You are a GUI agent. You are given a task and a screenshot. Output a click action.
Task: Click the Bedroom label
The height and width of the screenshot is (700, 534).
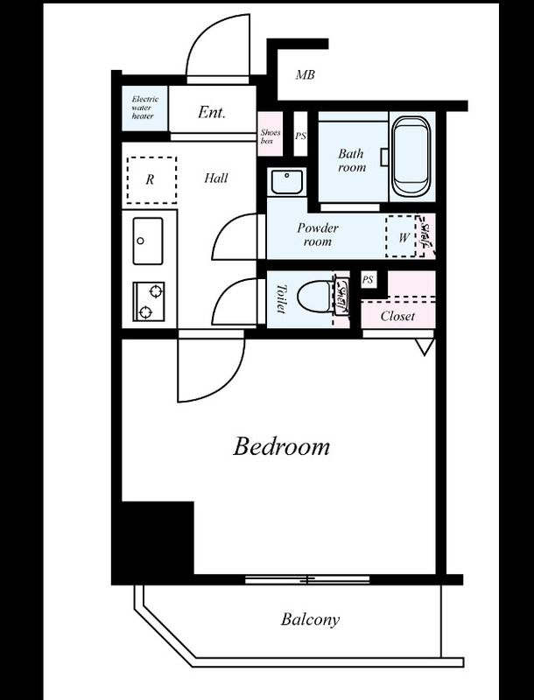281,446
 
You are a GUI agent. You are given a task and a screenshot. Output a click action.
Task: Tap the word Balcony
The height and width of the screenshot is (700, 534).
310,619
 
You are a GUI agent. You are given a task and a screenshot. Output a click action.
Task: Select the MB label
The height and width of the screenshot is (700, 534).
306,75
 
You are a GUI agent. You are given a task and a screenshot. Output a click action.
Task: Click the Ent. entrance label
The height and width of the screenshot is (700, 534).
212,112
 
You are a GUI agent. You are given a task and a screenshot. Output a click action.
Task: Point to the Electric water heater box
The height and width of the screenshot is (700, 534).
144,108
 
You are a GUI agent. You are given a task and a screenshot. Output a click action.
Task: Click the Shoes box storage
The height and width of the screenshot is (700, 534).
271,134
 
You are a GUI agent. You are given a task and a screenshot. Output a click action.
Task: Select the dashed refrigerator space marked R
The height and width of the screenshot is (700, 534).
151,180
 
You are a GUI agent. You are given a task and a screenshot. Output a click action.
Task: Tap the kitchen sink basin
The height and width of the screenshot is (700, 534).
148,241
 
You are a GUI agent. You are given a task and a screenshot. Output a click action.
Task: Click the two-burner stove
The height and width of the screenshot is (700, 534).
149,301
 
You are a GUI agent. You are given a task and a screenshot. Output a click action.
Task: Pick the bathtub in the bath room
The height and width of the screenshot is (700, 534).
411,157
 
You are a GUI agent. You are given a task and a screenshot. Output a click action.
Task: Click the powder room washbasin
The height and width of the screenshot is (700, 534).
286,182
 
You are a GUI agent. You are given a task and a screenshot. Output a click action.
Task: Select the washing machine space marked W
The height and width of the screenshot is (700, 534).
402,236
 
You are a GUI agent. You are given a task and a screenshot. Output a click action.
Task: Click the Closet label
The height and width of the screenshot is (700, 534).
397,317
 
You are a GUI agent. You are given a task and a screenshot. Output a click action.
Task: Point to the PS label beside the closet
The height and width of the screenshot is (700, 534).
368,280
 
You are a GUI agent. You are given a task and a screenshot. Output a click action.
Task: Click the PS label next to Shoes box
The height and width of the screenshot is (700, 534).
300,136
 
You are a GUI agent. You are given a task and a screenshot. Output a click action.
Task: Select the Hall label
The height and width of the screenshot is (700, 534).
216,178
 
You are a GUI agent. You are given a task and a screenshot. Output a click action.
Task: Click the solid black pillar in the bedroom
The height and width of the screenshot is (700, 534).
158,538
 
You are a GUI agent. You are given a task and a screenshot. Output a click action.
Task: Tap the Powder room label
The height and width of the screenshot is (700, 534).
318,234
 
